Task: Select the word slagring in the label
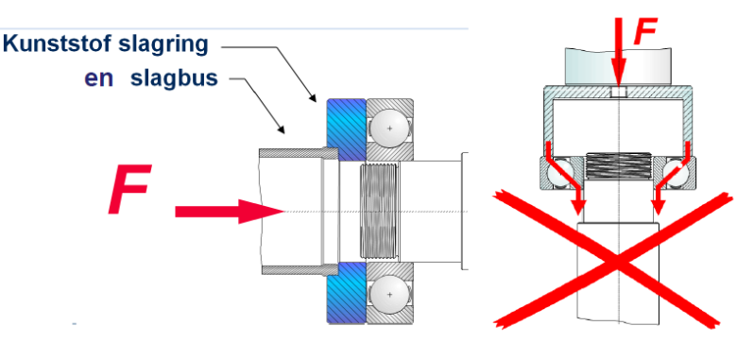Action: (x=163, y=45)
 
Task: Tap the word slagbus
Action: (x=174, y=77)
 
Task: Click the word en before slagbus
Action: (x=98, y=78)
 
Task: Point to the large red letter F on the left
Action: (x=129, y=189)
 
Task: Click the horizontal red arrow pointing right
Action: (x=230, y=212)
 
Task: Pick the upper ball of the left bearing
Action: (x=389, y=129)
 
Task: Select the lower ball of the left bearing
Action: (x=389, y=294)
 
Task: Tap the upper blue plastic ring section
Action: (x=346, y=129)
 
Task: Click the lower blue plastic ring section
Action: (x=346, y=292)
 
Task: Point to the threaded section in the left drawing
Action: (x=380, y=210)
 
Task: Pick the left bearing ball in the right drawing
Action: (x=560, y=173)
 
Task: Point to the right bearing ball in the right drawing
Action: (x=676, y=173)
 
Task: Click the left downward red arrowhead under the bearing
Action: (x=578, y=207)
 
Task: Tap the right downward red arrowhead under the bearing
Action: (x=658, y=207)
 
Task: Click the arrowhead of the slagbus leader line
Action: (x=281, y=129)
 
